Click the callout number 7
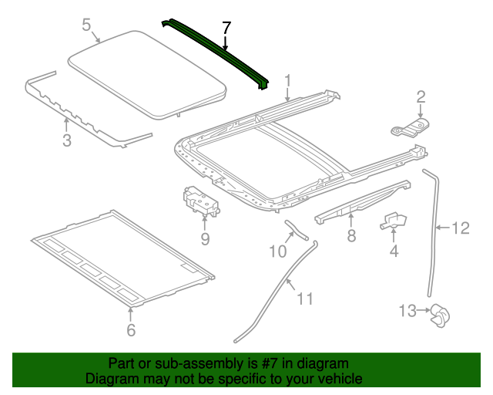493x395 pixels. click(226, 29)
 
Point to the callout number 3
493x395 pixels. click(67, 140)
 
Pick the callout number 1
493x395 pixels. click(288, 80)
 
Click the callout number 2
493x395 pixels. click(421, 96)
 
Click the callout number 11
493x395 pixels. click(305, 298)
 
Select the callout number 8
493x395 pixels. click(351, 236)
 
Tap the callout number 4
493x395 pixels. click(394, 251)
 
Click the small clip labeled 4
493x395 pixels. click(394, 221)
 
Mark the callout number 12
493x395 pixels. click(460, 228)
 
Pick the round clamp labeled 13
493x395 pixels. click(440, 312)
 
